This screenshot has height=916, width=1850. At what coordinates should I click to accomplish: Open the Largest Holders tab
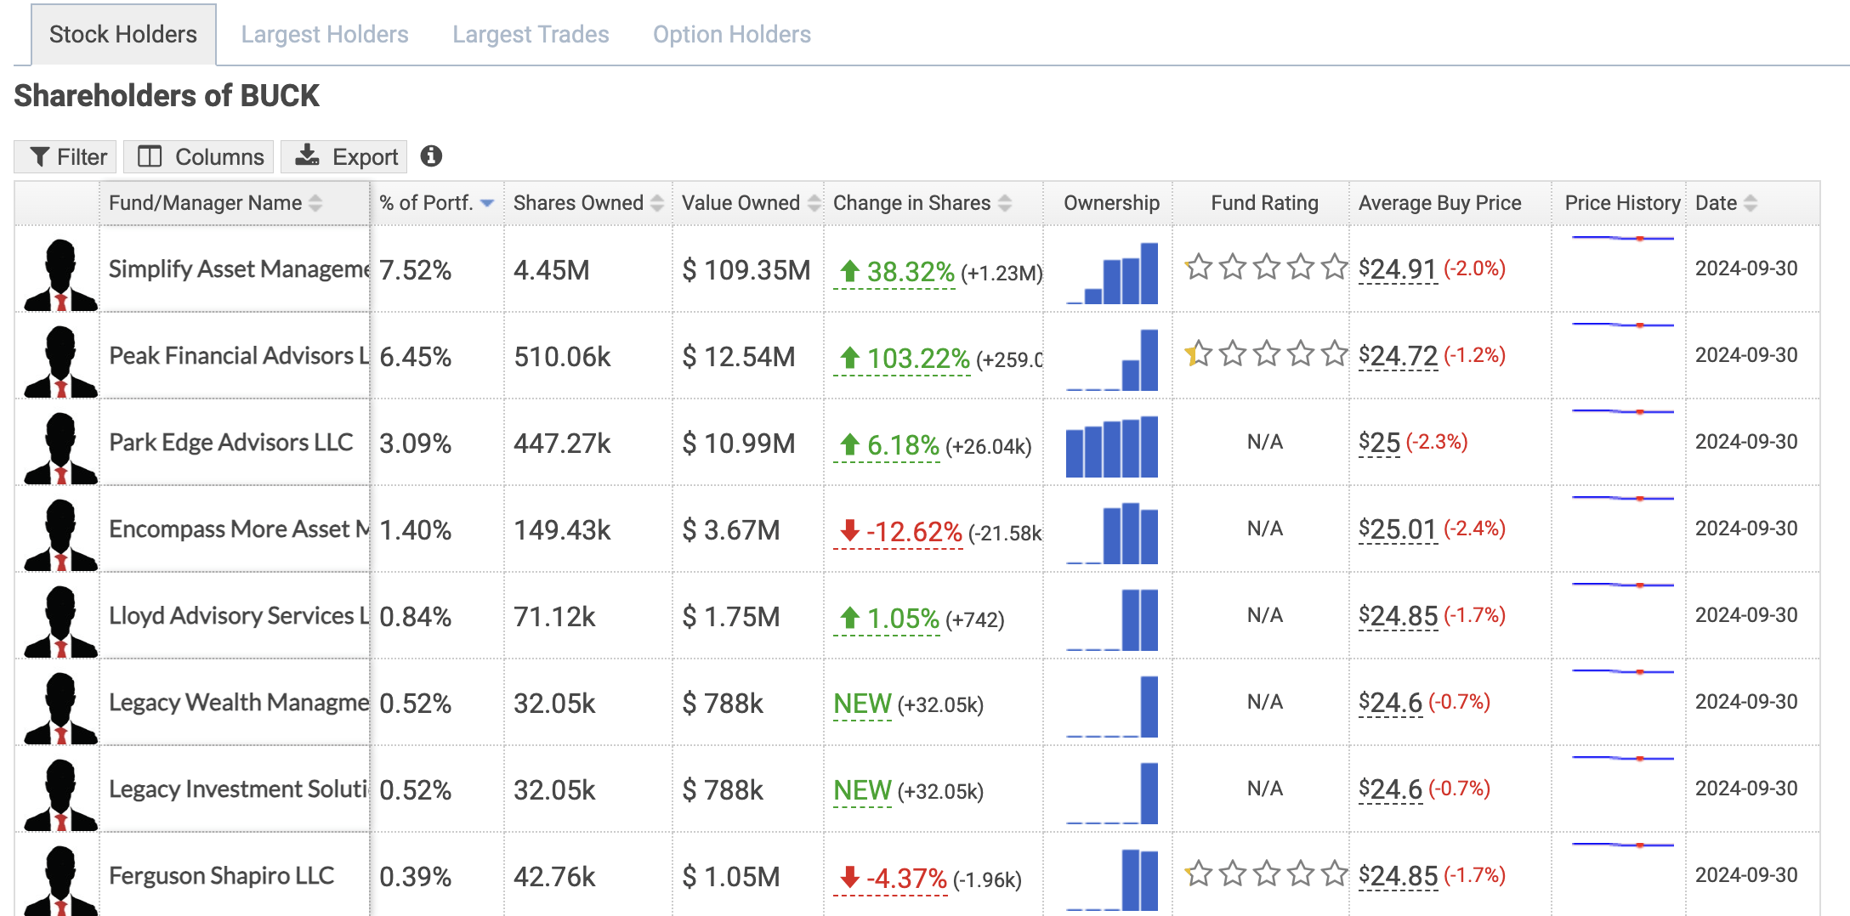click(x=324, y=34)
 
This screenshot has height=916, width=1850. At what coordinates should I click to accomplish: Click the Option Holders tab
click(x=731, y=34)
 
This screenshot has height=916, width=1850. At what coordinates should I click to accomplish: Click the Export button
click(x=345, y=157)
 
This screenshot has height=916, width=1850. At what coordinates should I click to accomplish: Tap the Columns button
click(x=200, y=157)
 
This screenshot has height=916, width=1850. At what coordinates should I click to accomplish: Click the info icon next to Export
click(x=431, y=156)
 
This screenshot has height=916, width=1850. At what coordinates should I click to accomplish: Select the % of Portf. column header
click(x=426, y=203)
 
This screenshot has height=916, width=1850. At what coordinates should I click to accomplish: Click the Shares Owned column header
click(x=578, y=203)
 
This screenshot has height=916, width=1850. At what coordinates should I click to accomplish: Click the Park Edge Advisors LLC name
click(x=230, y=442)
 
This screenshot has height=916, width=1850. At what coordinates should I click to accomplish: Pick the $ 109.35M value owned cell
click(x=746, y=270)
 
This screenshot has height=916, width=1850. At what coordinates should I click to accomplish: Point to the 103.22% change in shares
click(x=917, y=359)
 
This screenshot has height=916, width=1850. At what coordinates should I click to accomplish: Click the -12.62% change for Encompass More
click(x=913, y=532)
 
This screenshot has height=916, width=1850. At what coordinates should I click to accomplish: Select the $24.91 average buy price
click(x=1398, y=269)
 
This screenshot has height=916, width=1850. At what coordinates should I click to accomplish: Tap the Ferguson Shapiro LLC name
click(x=221, y=875)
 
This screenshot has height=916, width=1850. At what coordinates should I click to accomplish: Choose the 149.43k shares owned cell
click(x=561, y=530)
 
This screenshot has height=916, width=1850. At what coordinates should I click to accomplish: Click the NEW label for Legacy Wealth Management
click(x=862, y=704)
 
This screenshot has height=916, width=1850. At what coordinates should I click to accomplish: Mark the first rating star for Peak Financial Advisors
click(x=1199, y=353)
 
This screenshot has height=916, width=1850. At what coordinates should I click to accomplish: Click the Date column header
click(x=1716, y=203)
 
